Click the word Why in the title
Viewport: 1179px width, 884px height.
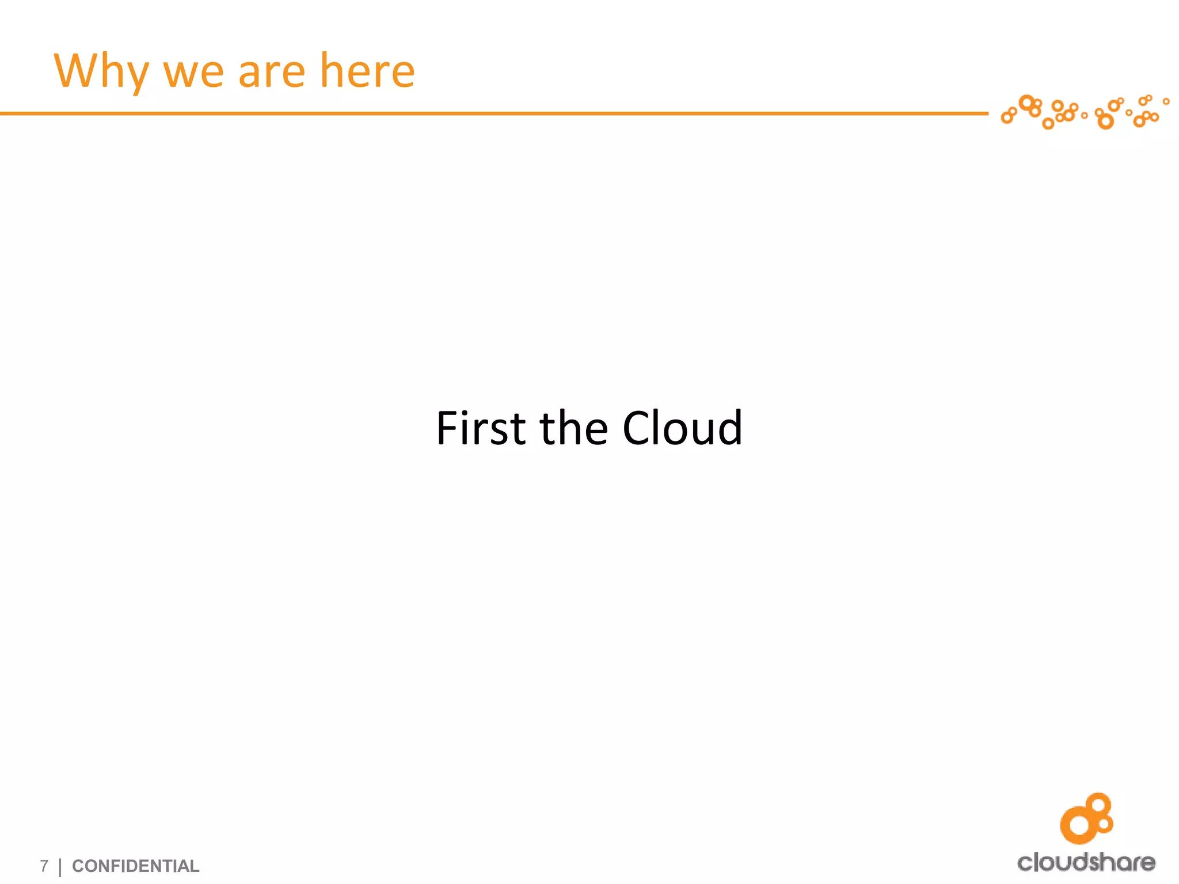pos(101,71)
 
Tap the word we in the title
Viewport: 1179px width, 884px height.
pos(193,74)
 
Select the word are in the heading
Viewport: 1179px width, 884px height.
pos(272,74)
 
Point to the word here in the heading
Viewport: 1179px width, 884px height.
pos(367,71)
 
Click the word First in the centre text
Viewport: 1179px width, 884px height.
pos(481,428)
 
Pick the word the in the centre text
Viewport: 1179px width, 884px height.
pos(573,428)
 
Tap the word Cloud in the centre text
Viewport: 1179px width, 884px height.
pos(682,428)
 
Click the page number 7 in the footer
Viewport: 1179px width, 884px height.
pos(44,866)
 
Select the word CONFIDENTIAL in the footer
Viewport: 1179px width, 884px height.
pos(135,866)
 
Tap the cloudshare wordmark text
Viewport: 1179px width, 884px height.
pos(1086,862)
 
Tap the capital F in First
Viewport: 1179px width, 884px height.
pos(448,428)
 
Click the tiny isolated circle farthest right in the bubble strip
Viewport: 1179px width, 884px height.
pos(1166,101)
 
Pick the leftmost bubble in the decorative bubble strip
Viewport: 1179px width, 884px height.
pos(1006,118)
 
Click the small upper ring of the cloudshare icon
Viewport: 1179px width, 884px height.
pos(1100,804)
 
